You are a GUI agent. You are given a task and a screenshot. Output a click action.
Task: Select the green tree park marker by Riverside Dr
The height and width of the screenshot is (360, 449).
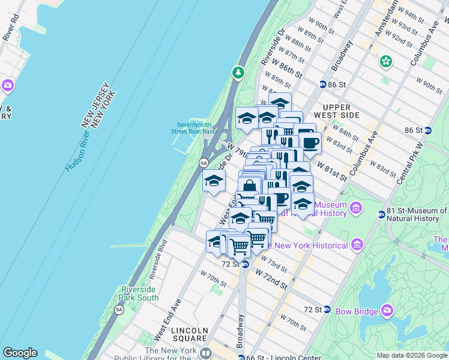238,73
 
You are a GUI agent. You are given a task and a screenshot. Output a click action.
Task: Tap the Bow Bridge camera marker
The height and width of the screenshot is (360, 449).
387,310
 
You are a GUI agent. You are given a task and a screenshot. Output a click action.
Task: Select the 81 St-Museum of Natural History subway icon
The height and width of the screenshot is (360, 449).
381,214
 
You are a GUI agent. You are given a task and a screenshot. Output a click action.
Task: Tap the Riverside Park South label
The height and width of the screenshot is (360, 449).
140,293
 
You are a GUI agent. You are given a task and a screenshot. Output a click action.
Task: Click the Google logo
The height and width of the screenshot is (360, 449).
20,353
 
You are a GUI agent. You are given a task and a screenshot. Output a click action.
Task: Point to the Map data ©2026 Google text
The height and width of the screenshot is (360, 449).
411,355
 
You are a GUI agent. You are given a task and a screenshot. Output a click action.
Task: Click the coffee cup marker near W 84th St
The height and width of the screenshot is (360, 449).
310,143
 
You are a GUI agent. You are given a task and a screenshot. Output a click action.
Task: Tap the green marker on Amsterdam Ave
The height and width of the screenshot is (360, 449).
385,61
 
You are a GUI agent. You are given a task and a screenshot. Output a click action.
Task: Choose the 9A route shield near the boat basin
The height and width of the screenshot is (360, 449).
203,162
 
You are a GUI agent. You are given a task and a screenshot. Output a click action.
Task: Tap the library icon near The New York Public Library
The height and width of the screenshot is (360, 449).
206,354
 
